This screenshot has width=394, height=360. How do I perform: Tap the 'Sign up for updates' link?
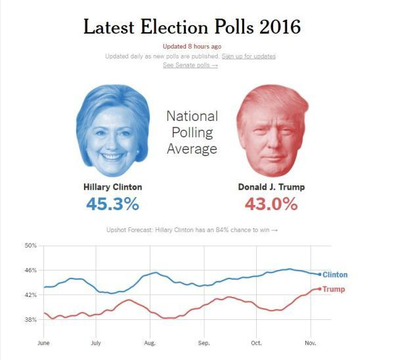(249, 56)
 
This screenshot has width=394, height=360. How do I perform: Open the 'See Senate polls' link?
(190, 65)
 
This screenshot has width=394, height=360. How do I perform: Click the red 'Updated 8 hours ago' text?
(192, 46)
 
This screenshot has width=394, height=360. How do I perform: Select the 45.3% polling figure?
(113, 204)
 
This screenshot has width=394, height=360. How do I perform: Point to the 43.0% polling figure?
(271, 204)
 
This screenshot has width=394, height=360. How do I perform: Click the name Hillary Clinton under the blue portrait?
(113, 187)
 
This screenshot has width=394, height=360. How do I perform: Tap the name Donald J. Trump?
(271, 187)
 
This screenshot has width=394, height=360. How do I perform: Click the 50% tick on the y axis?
(30, 246)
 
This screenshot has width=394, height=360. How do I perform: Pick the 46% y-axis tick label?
(30, 271)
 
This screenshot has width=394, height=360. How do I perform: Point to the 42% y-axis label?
(30, 295)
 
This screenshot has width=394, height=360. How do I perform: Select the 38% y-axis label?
(30, 320)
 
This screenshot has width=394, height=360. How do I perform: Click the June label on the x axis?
(44, 343)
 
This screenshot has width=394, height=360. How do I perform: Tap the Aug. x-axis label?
(150, 343)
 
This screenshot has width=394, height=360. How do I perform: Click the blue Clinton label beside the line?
(335, 275)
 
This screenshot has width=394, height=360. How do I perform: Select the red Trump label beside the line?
(334, 290)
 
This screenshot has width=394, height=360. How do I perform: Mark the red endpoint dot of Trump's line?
(320, 288)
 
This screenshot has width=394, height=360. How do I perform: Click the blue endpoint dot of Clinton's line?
(320, 275)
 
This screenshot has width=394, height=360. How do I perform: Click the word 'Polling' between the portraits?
(192, 133)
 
